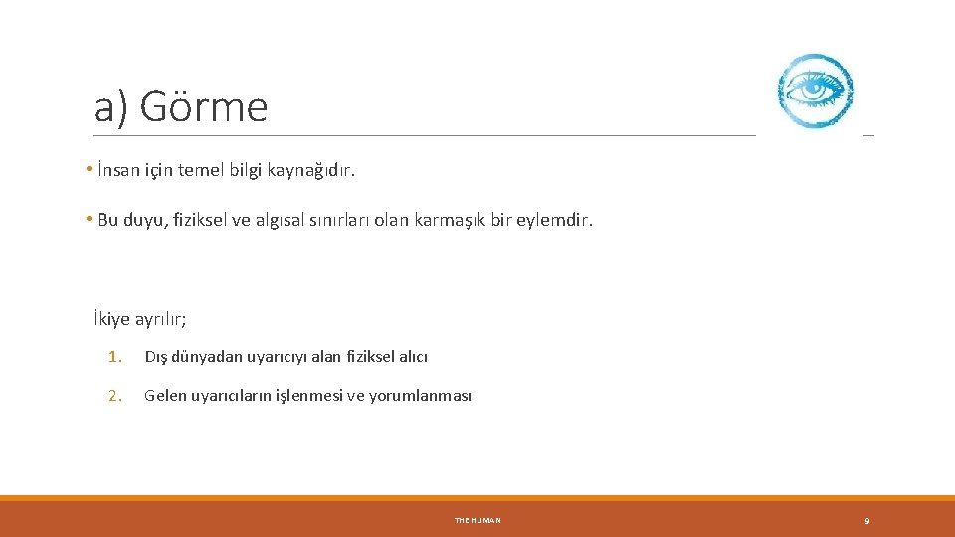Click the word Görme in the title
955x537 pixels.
coord(204,106)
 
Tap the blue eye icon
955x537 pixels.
coord(815,90)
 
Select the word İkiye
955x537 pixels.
coord(111,320)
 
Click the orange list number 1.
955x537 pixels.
coord(114,356)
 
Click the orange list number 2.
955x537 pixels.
coord(114,395)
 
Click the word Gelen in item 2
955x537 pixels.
coord(164,395)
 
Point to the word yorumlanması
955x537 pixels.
coord(420,395)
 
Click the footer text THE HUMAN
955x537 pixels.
coord(477,520)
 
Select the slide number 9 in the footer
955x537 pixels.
coord(866,520)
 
